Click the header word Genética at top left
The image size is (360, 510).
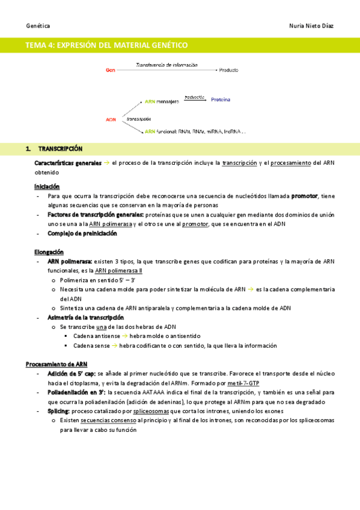coord(38,26)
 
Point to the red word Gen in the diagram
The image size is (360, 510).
coord(111,70)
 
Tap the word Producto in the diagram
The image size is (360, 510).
coord(229,70)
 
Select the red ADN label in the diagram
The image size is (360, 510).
coord(111,120)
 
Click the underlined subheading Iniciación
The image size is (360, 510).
coord(47,186)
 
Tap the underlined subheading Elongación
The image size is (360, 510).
coord(49,252)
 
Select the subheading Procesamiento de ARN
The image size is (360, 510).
coord(56,364)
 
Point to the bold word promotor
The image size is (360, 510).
coord(305,196)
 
